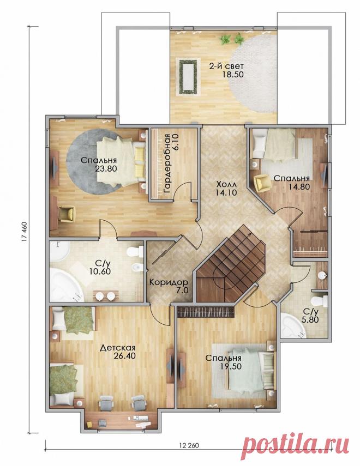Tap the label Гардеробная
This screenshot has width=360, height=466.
coord(167,164)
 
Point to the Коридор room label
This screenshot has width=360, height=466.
coord(169,282)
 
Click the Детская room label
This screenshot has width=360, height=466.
coord(118,348)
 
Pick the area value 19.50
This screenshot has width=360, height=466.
coord(231,367)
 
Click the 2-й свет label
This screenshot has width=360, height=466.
coord(226,66)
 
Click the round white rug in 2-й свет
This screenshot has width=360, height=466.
coord(253,74)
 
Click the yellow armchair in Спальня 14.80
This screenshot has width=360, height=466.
coord(262,182)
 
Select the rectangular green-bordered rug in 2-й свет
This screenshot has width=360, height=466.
coord(188,77)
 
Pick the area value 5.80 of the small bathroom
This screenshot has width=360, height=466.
coord(311,319)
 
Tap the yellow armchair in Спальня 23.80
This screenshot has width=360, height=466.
coord(67,214)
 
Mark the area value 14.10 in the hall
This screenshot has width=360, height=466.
coord(226,192)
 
